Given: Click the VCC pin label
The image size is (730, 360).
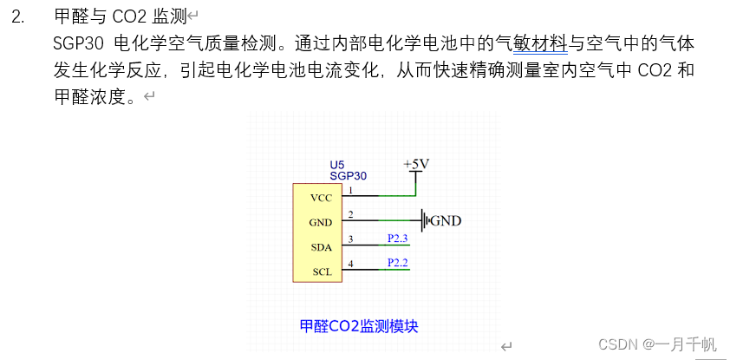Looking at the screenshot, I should click(x=320, y=198).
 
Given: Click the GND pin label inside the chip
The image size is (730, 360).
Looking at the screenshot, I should click(x=320, y=222).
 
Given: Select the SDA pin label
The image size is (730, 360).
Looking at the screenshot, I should click(x=321, y=247).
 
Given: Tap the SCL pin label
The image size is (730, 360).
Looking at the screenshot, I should click(x=321, y=272).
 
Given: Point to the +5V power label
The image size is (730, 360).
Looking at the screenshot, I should click(x=416, y=164).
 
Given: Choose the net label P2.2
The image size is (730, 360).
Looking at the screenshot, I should click(x=398, y=261).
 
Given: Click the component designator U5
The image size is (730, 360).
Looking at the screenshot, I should click(x=336, y=165).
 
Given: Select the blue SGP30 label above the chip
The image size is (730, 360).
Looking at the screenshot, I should click(x=348, y=175).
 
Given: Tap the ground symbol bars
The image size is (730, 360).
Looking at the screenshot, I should click(x=425, y=220).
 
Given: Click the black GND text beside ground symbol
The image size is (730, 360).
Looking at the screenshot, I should click(x=446, y=220).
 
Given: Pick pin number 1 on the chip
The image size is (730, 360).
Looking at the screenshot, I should click(x=350, y=189).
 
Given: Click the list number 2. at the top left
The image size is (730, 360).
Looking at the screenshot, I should click(x=17, y=16).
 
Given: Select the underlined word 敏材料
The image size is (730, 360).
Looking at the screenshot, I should click(x=543, y=43).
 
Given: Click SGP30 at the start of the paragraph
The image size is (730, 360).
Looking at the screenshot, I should click(x=78, y=43).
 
